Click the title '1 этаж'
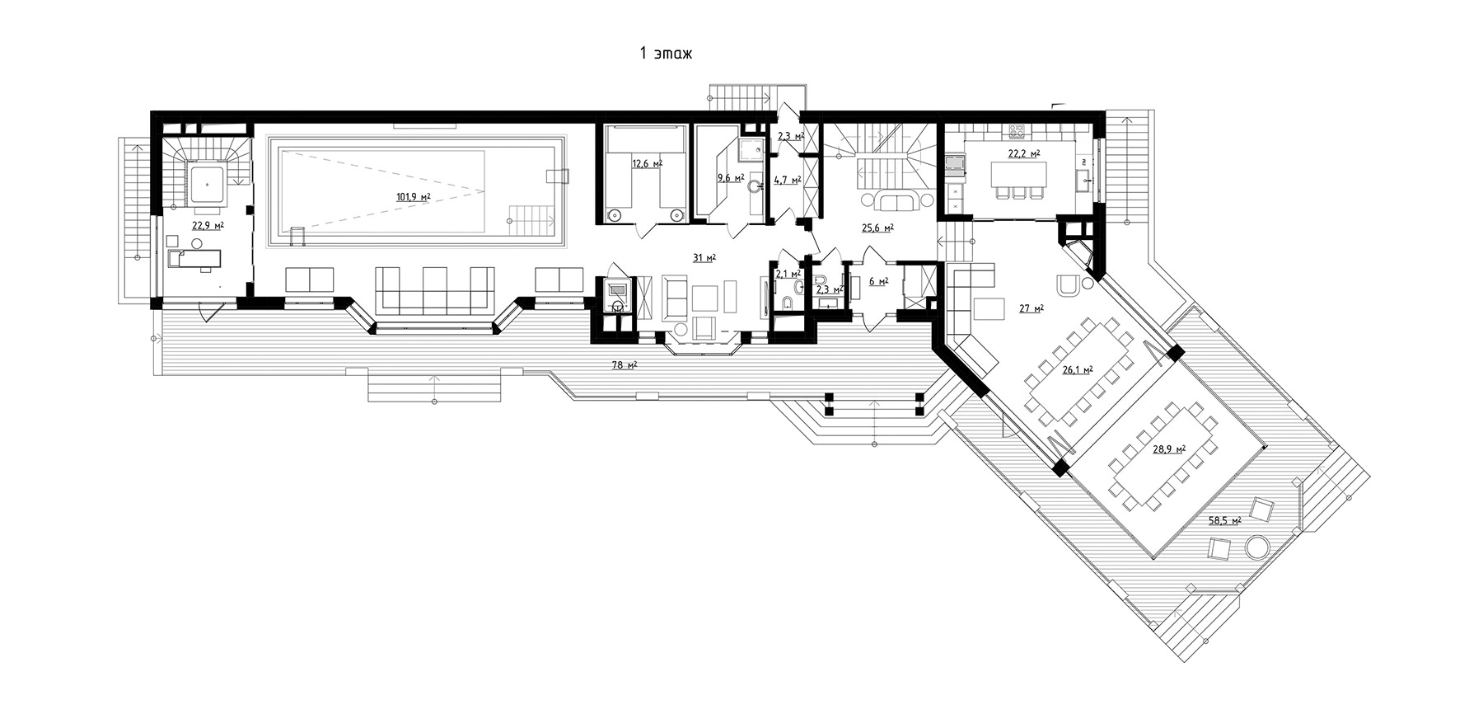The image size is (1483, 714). pos(666,54)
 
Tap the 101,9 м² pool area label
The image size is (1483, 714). pos(414,196)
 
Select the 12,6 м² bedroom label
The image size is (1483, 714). pos(647,163)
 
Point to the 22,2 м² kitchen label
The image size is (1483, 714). pos(1024,154)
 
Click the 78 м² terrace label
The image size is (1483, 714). pos(624,365)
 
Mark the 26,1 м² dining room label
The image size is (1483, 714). pos(1078,370)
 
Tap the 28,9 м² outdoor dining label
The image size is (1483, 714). pos(1169,449)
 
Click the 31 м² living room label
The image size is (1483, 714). pos(704,258)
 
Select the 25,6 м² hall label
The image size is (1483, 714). pos(878,228)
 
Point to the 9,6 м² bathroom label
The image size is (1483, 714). pos(731,177)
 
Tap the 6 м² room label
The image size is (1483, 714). pos(879,282)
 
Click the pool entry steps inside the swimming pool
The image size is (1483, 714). pos(531,219)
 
